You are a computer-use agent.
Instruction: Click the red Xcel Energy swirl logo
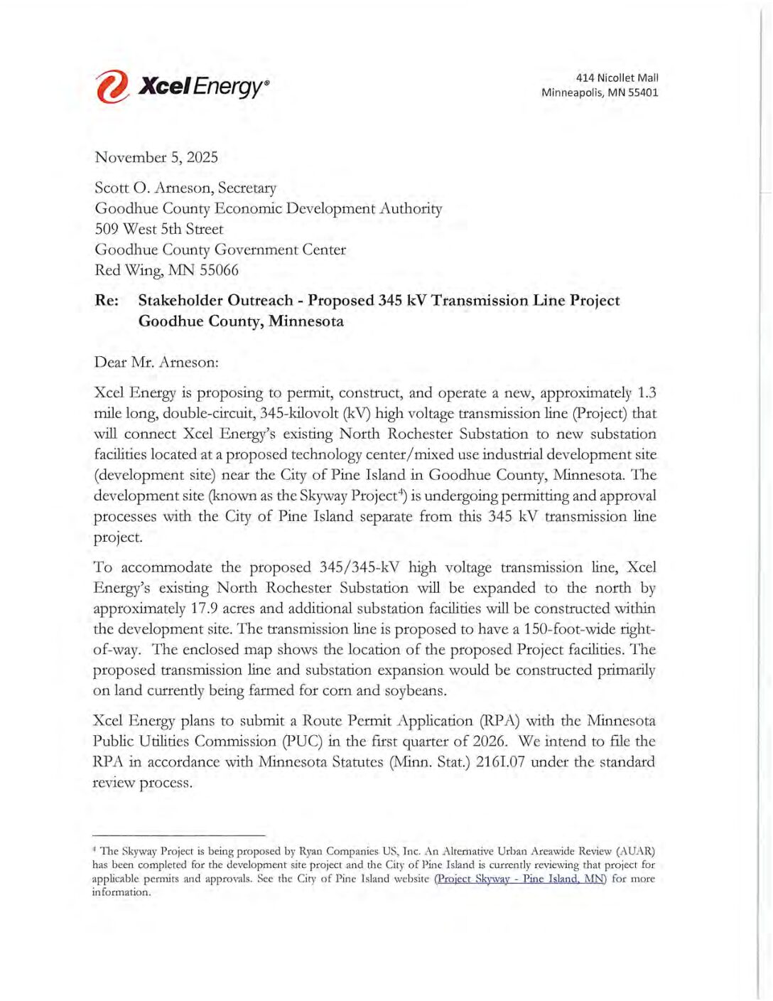coord(112,87)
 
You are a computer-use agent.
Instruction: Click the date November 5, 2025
coord(156,157)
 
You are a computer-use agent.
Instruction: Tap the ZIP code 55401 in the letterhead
coord(642,92)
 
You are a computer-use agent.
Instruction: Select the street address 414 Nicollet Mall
coord(617,77)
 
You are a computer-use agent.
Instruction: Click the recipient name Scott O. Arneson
coord(152,188)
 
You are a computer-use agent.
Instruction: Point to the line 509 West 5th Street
coord(159,229)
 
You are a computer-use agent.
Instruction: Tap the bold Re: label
coord(107,301)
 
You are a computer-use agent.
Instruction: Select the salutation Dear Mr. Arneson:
coord(156,362)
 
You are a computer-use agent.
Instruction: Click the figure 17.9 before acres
coord(204,609)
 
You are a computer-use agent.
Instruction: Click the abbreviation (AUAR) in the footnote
coord(635,851)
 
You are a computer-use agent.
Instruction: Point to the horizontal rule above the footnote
coord(178,835)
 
